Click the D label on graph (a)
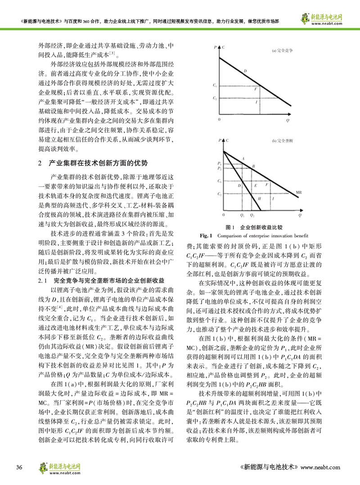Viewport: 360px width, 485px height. click(x=245, y=71)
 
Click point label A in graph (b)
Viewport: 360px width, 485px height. click(x=243, y=159)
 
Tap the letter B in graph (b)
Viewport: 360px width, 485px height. click(x=253, y=166)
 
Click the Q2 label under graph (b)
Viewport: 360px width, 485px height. click(x=252, y=216)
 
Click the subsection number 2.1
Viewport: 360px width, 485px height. click(x=44, y=281)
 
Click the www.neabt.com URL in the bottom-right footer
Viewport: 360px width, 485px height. click(x=320, y=467)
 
